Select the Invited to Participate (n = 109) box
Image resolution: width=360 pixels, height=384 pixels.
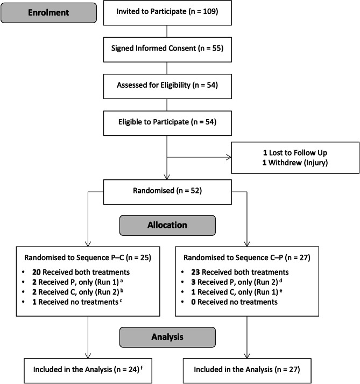168,12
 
